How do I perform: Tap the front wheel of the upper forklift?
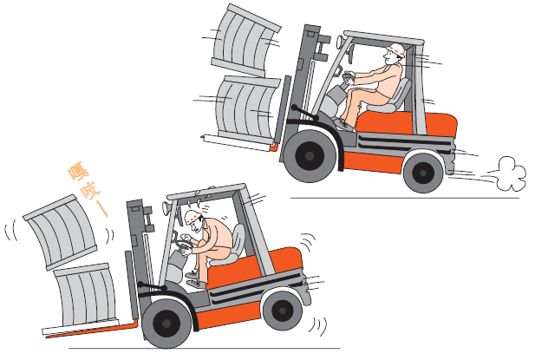310,156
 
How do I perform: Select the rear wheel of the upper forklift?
423,173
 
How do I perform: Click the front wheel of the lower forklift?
166,324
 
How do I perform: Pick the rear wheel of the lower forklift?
283,311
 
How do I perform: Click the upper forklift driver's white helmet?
395,49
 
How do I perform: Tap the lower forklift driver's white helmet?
192,217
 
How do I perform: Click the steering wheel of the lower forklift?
182,244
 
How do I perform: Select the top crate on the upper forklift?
245,41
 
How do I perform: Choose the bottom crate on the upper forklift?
246,109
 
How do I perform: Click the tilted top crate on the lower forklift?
62,232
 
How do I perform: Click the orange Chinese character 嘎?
78,172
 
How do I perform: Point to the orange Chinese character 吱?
90,191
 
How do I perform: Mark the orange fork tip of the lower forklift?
48,337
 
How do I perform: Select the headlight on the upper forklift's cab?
340,42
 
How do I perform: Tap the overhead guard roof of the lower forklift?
206,192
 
